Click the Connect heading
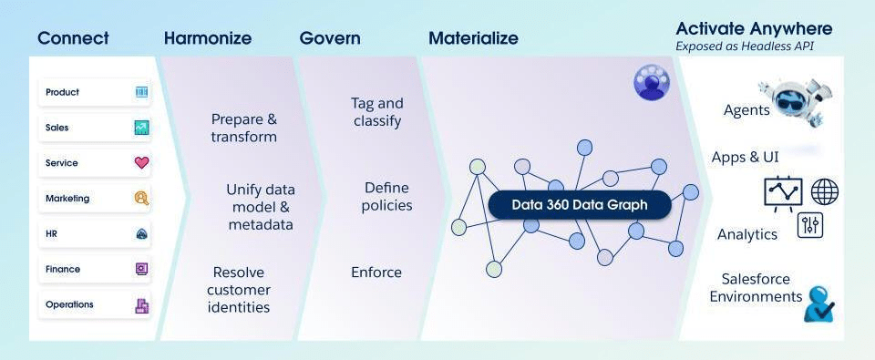click(x=73, y=38)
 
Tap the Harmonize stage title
click(x=208, y=38)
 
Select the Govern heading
click(x=330, y=38)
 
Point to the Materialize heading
click(x=473, y=38)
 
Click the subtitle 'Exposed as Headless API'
click(x=745, y=46)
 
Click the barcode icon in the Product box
click(x=142, y=92)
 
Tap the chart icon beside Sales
click(x=142, y=128)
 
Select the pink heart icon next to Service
click(x=142, y=163)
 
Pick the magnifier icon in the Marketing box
click(x=142, y=198)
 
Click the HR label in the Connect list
click(x=51, y=234)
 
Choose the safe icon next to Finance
click(x=142, y=269)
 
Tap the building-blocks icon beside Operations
click(x=142, y=304)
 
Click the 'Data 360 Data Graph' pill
click(x=580, y=205)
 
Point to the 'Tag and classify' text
click(x=377, y=112)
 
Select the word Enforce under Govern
click(x=376, y=273)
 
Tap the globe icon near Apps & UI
click(x=824, y=191)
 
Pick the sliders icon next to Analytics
click(x=810, y=225)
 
